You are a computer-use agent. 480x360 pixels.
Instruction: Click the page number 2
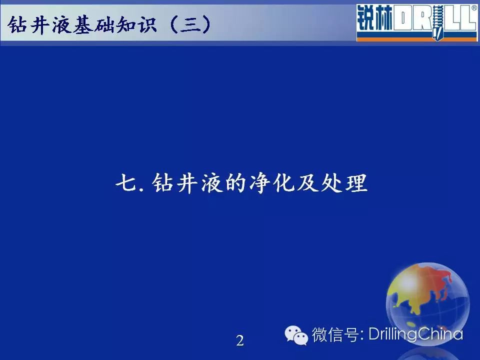(x=240, y=340)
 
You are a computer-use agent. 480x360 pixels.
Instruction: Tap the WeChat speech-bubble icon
(x=296, y=335)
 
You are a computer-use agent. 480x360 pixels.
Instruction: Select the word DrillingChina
(x=415, y=334)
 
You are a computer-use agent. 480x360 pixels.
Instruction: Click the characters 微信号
(x=335, y=334)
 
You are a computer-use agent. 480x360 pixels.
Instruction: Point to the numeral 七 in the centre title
(x=126, y=183)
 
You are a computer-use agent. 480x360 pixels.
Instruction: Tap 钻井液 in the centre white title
(x=186, y=183)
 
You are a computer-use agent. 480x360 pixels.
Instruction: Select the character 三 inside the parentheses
(x=190, y=24)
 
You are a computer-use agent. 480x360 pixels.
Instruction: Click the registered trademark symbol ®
(x=474, y=8)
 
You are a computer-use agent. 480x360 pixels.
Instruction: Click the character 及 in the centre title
(x=308, y=183)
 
